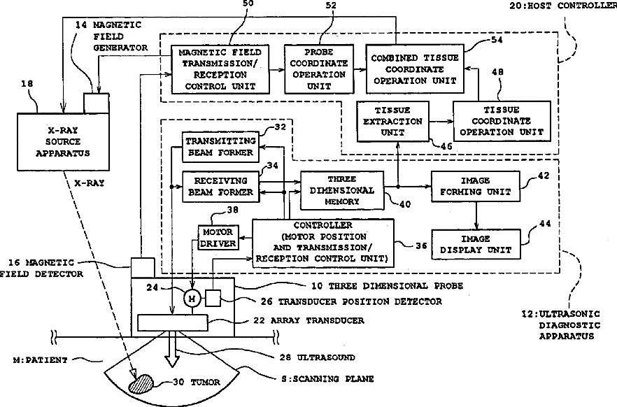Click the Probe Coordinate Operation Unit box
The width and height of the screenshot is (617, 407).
319,69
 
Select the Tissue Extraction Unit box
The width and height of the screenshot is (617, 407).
392,121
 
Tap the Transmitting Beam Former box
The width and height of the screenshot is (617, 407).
221,147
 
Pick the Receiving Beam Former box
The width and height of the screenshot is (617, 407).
221,187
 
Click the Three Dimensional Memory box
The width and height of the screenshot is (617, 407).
342,190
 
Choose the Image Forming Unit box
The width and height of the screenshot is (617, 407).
476,187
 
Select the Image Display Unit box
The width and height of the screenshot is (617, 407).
476,244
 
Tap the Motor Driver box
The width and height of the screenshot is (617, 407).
218,238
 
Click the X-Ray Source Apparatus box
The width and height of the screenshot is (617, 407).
63,142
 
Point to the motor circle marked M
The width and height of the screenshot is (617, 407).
192,299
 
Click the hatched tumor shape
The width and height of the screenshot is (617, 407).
141,383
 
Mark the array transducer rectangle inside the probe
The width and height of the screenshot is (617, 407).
172,323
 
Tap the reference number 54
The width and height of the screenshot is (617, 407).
497,40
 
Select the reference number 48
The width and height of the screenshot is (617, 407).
497,72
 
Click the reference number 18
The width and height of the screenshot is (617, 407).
27,84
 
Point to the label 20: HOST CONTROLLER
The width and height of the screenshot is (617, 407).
563,6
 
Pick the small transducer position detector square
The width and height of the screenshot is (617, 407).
213,298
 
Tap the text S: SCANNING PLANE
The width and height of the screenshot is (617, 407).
327,379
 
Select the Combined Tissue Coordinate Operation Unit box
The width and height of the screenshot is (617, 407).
415,69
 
